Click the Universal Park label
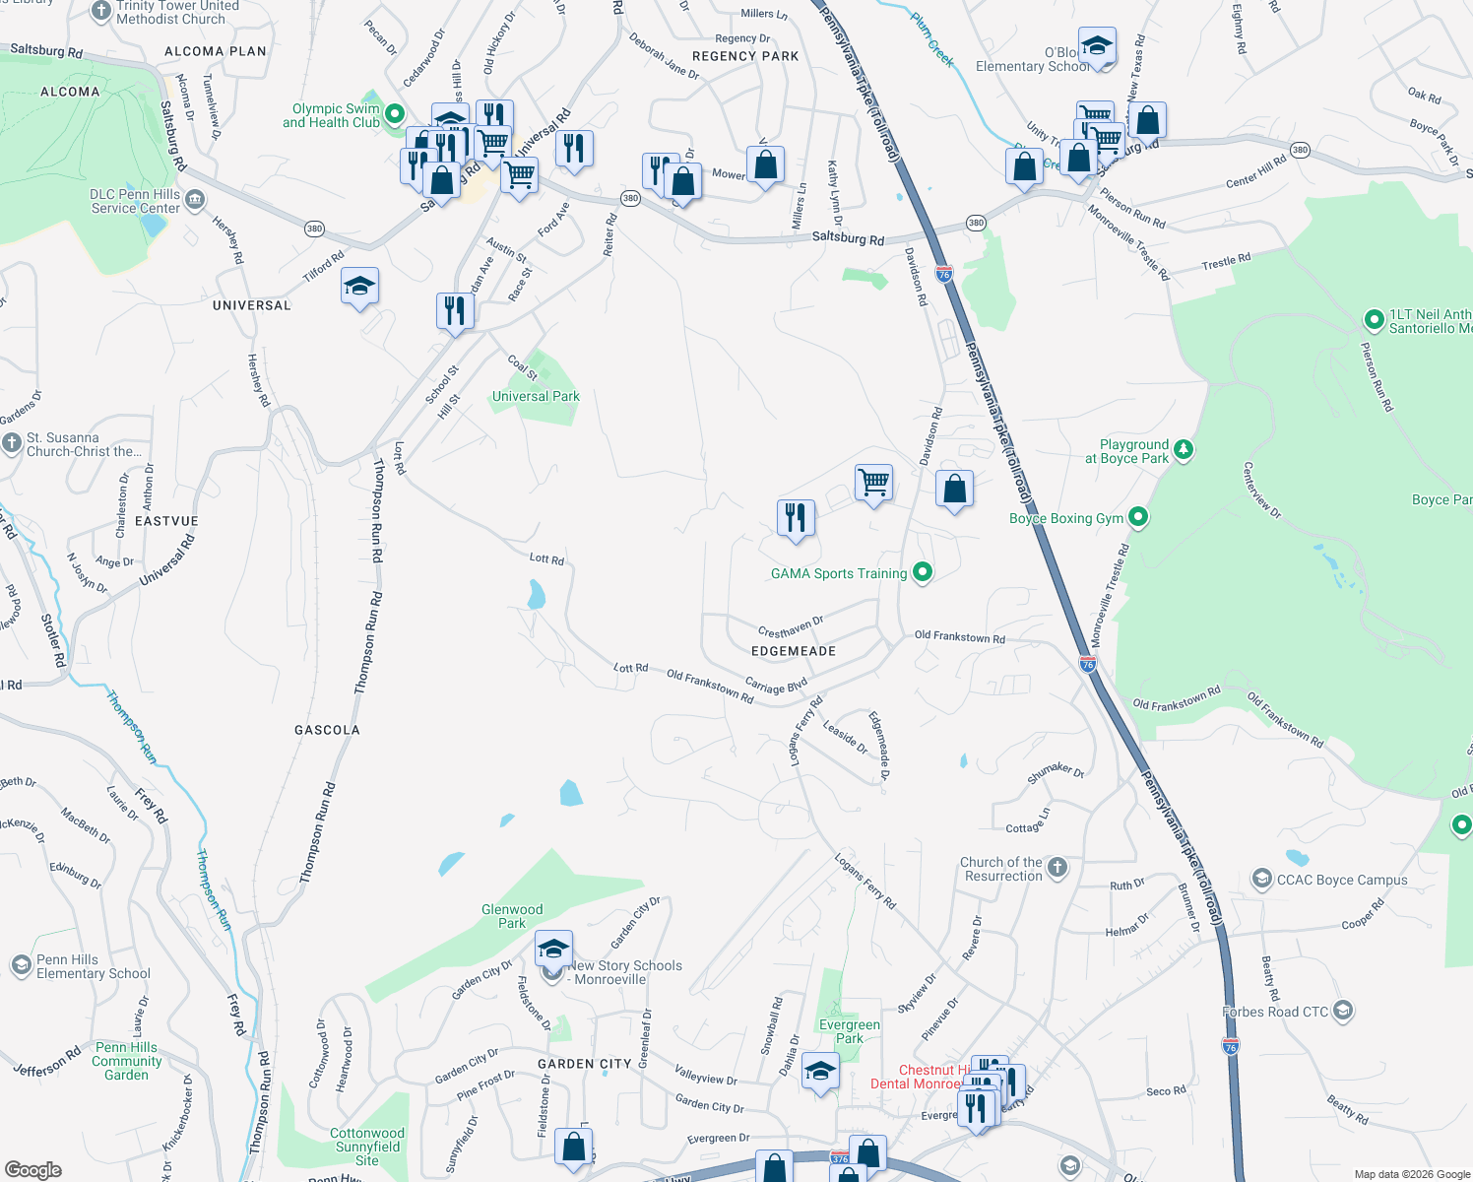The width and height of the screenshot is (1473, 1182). [x=536, y=396]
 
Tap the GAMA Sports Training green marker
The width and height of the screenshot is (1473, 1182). [x=923, y=571]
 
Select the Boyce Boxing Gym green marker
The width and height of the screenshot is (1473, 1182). [x=1138, y=516]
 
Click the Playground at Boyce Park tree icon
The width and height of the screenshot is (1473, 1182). [x=1184, y=450]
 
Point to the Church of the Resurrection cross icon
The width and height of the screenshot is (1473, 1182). [x=1057, y=868]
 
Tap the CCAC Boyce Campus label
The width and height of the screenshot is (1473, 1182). [x=1341, y=880]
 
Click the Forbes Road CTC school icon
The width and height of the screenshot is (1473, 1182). [x=1343, y=1011]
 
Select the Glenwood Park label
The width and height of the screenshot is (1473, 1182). [x=512, y=916]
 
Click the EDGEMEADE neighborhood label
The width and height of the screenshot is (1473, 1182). [x=794, y=651]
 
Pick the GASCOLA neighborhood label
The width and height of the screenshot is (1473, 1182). [x=327, y=730]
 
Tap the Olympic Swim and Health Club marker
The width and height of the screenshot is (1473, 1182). [x=395, y=114]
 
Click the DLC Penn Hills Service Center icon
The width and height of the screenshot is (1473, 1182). [x=195, y=201]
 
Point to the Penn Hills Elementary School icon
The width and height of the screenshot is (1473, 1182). [x=22, y=965]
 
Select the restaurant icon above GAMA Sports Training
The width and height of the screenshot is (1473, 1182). [x=796, y=517]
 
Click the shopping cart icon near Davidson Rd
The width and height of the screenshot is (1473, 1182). [x=873, y=483]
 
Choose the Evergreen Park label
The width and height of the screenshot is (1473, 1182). [x=849, y=1031]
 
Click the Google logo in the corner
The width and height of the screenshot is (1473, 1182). [x=33, y=1169]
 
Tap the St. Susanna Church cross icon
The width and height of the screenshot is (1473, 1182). [x=12, y=443]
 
